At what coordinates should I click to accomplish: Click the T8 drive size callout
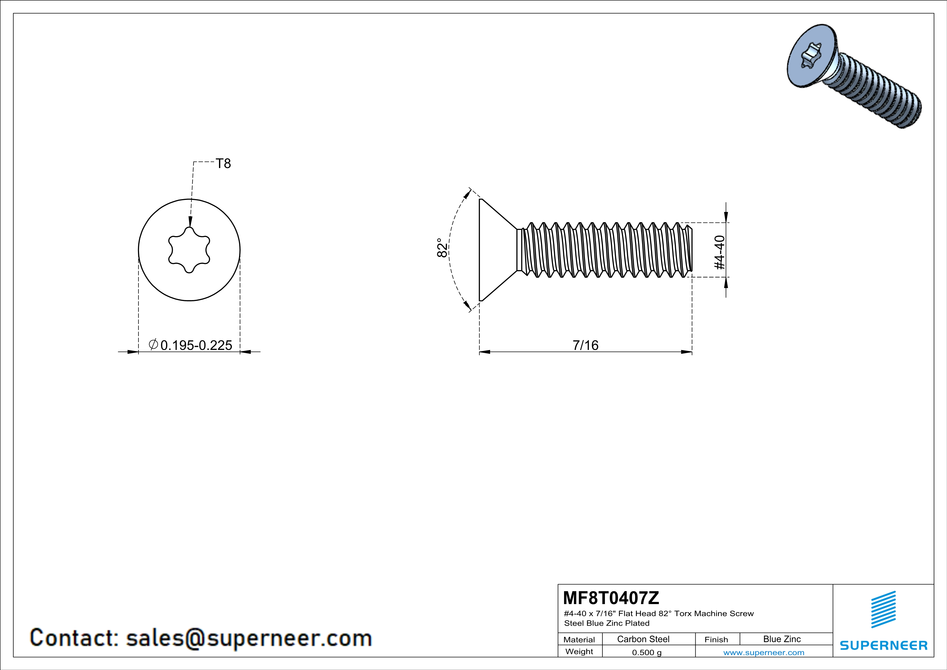click(x=223, y=164)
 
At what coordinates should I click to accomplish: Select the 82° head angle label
click(x=442, y=247)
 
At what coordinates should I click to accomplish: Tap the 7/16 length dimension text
click(x=585, y=345)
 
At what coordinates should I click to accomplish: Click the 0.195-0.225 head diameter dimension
click(x=196, y=345)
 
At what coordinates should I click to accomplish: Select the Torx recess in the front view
click(x=189, y=250)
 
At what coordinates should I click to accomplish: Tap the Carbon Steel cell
click(x=643, y=639)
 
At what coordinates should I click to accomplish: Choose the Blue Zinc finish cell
click(x=781, y=639)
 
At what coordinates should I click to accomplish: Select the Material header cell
click(x=579, y=639)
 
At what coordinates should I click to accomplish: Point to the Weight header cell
click(x=579, y=651)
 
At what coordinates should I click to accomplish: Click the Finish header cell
click(x=716, y=639)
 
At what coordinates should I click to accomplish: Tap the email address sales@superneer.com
click(x=249, y=638)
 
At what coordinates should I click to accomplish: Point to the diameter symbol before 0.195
click(x=153, y=344)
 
